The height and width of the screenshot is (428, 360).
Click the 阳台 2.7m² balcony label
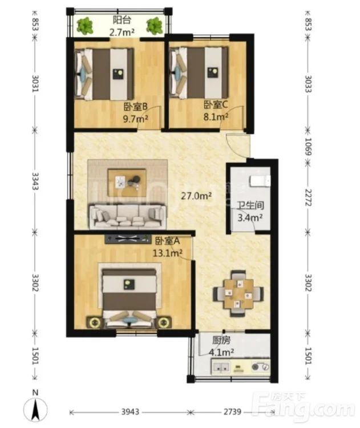[x=122, y=26]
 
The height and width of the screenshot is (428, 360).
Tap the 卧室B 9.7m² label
[x=136, y=113]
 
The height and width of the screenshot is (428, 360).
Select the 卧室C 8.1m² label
[x=216, y=111]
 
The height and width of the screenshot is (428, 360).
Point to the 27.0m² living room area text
[x=196, y=196]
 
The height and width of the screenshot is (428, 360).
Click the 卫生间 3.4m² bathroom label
[x=250, y=212]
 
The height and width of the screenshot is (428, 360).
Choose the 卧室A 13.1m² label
[x=168, y=247]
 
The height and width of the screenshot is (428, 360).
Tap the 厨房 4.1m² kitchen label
[x=221, y=346]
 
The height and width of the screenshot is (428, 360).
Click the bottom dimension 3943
[x=131, y=411]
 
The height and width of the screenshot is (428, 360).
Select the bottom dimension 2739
[x=232, y=411]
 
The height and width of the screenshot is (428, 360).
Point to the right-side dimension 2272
[x=309, y=197]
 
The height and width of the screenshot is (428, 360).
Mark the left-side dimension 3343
[x=35, y=181]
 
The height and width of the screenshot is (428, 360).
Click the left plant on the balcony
[x=85, y=26]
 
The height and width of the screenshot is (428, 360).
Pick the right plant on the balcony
[x=155, y=26]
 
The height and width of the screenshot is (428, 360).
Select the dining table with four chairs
[x=238, y=293]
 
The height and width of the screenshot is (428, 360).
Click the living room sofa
[x=128, y=216]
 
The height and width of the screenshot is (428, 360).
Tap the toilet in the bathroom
[x=260, y=181]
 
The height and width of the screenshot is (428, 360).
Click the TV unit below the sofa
[x=128, y=239]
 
